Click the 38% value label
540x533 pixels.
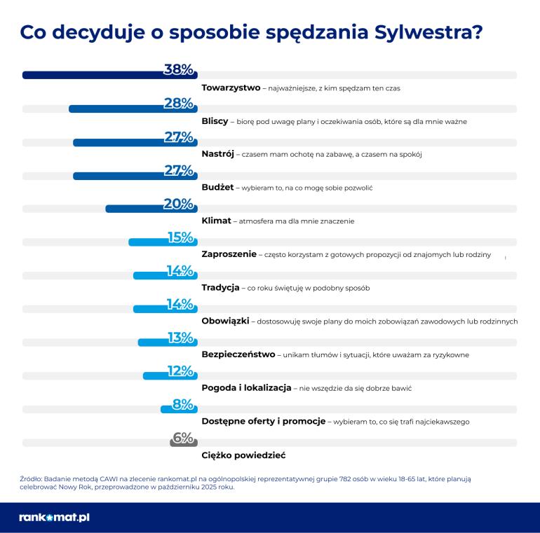pyautogui.click(x=178, y=69)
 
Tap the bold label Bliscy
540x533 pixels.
pyautogui.click(x=215, y=121)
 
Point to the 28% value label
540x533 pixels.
pyautogui.click(x=178, y=103)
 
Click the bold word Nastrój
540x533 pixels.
pyautogui.click(x=217, y=154)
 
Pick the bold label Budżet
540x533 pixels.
pyautogui.click(x=217, y=188)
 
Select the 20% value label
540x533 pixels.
pyautogui.click(x=178, y=204)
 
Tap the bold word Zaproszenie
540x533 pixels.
pyautogui.click(x=229, y=254)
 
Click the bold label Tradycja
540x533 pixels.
pyautogui.click(x=220, y=288)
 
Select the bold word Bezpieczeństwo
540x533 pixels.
pyautogui.click(x=238, y=354)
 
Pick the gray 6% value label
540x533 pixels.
pyautogui.click(x=182, y=438)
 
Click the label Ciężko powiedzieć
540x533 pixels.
pyautogui.click(x=243, y=455)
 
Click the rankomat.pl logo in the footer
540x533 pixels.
pyautogui.click(x=54, y=518)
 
